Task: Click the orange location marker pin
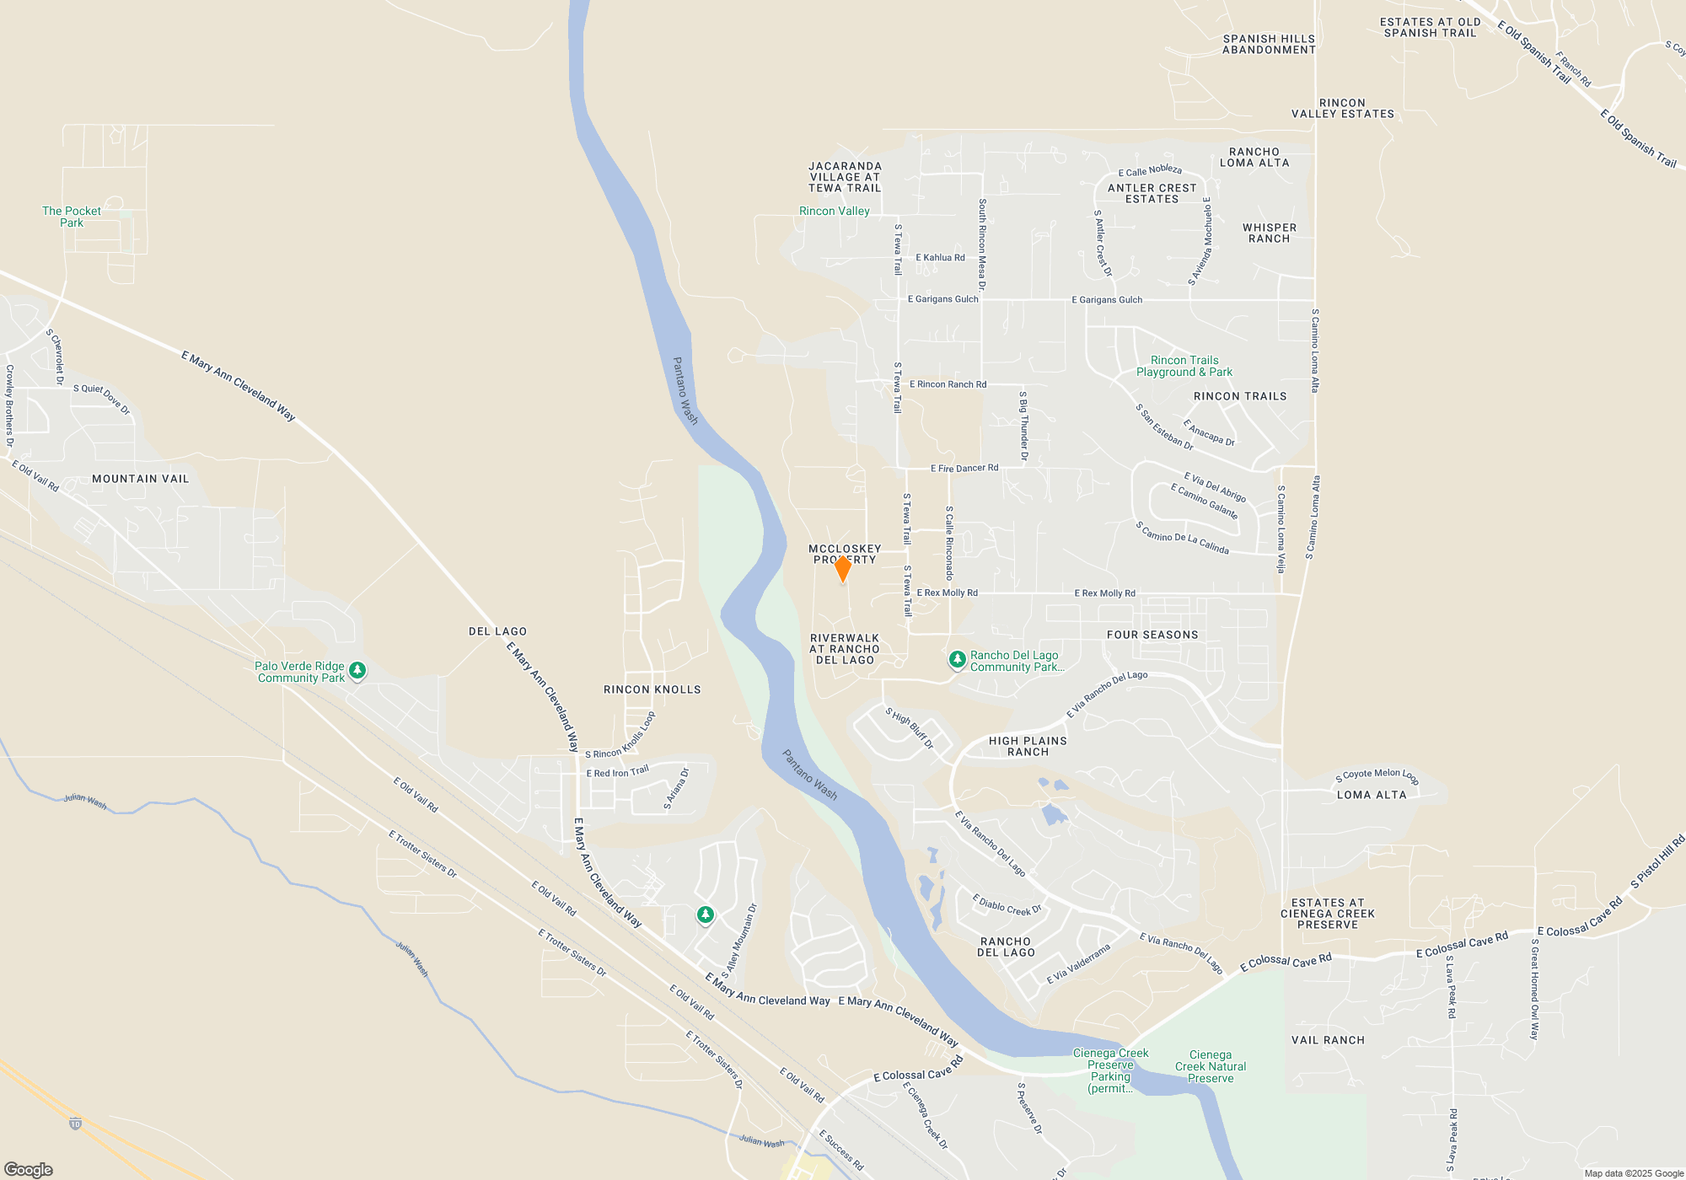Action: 842,568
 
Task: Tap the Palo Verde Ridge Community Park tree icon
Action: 357,671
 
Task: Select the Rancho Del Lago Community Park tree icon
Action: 957,659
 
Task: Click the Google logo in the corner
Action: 29,1170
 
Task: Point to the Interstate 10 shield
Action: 75,1124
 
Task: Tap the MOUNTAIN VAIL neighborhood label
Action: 141,479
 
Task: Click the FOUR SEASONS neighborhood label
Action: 1152,635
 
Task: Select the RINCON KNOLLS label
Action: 652,689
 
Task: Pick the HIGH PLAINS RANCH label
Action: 1028,746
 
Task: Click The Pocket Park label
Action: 72,217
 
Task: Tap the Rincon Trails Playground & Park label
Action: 1184,366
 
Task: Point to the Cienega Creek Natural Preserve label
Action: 1211,1066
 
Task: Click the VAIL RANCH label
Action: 1328,1040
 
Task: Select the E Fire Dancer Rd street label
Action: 964,468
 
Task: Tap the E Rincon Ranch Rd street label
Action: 948,384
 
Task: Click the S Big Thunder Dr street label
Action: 1023,426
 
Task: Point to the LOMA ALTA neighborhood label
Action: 1372,795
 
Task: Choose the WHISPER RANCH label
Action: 1270,233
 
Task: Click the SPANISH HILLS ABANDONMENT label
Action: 1269,44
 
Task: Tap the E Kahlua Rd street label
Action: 940,258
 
